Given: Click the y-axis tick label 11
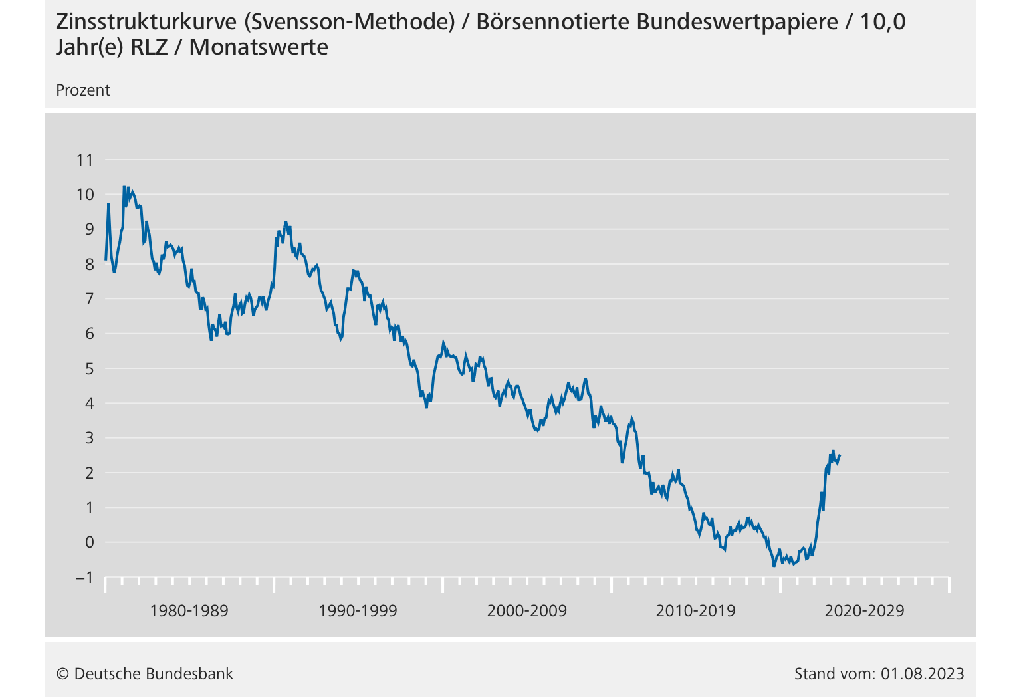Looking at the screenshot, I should (85, 160).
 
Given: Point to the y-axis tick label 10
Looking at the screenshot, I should (85, 195).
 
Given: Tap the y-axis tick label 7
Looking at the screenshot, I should (89, 299).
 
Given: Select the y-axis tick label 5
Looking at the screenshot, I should (89, 368).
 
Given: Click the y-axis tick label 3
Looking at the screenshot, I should (89, 438).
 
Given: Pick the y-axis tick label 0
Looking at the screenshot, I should (89, 542).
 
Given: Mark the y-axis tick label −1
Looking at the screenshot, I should (84, 577).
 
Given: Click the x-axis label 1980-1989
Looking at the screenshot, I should (189, 611).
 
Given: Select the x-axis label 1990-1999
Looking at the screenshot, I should (358, 611).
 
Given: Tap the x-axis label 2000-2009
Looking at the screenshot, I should (526, 611).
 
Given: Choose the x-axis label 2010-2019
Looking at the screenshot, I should (695, 611).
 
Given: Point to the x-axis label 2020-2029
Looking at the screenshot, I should (864, 611).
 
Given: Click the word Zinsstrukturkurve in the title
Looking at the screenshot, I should (146, 22).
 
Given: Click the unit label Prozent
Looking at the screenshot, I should (83, 90).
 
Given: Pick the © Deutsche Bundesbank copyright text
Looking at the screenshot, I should (145, 674).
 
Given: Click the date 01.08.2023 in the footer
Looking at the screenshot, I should (923, 674).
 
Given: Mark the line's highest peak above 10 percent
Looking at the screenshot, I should (124, 187).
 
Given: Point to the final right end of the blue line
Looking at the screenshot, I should (840, 455).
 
